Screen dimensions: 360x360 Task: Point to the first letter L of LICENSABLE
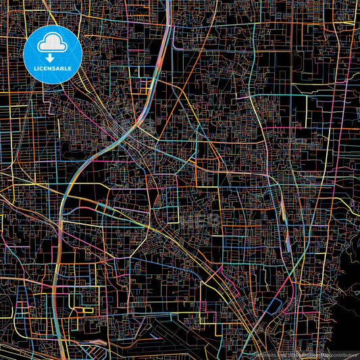pyautogui.click(x=32, y=69)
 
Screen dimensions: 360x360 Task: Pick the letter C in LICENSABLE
pyautogui.click(x=40, y=69)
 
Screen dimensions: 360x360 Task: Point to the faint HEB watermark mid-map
pyautogui.click(x=202, y=220)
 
